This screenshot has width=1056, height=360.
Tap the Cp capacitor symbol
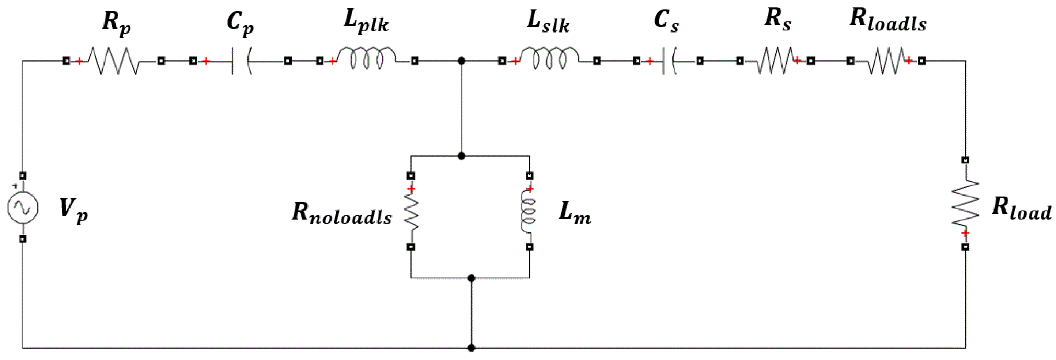(240, 61)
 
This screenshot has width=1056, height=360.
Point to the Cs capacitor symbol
(668, 61)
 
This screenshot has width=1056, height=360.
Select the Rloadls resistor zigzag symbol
(887, 61)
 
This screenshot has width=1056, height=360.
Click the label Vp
(73, 210)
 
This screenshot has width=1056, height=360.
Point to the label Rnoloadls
(341, 214)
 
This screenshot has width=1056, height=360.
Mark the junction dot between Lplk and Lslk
(462, 61)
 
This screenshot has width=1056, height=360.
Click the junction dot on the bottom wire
(472, 348)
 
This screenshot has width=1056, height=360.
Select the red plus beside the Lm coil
(530, 189)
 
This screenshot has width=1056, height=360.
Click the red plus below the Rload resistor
(965, 234)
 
